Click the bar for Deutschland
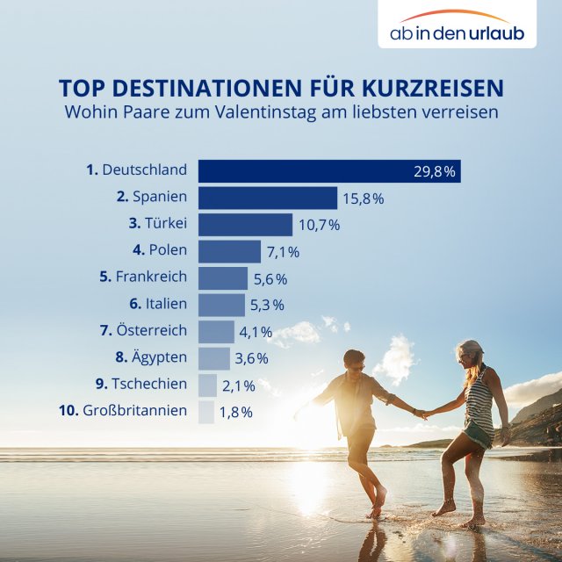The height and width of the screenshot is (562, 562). click(329, 171)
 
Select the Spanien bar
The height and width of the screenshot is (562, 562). click(268, 198)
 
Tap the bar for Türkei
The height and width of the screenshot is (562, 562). click(245, 225)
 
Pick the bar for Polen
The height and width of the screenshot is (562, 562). click(229, 251)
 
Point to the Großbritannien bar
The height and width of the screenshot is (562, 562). click(206, 411)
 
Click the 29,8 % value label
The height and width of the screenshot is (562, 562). click(435, 171)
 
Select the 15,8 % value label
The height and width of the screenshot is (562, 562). click(364, 198)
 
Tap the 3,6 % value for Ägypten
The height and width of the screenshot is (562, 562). click(251, 358)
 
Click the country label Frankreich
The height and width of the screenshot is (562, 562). click(151, 277)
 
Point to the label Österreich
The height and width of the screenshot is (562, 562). click(151, 331)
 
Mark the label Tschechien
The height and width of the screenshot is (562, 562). click(149, 385)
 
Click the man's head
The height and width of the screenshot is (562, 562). click(354, 360)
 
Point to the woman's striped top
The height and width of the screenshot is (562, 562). click(479, 400)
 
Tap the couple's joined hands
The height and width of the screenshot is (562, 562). click(423, 413)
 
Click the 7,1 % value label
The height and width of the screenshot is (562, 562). click(284, 252)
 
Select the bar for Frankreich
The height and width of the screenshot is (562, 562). click(223, 278)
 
